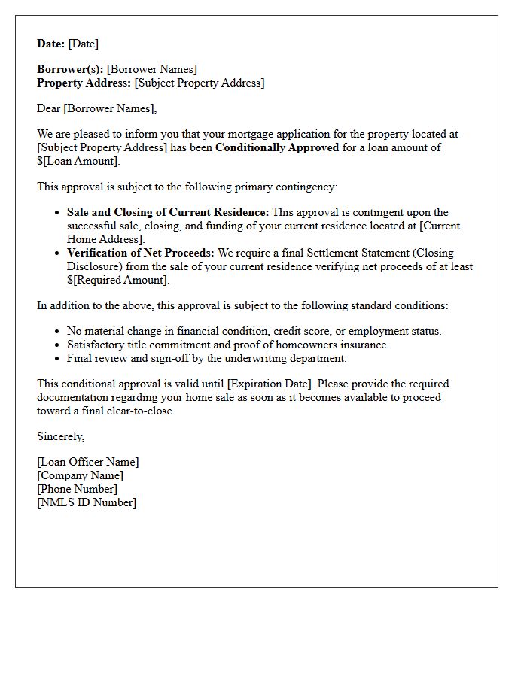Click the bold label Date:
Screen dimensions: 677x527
click(x=50, y=44)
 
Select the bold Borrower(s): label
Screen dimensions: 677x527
click(x=70, y=70)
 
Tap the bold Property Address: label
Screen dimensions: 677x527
click(x=84, y=83)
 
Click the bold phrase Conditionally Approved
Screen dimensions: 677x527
click(x=276, y=147)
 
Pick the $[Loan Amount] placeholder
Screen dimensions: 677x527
click(x=78, y=161)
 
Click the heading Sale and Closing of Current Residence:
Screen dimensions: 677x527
click(x=167, y=212)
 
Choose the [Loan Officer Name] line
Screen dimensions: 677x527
click(x=88, y=462)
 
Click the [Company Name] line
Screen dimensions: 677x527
click(x=80, y=475)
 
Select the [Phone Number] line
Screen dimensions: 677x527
click(x=77, y=489)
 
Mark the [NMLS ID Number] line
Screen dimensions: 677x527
click(x=87, y=502)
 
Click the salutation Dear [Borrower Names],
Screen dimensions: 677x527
click(x=96, y=108)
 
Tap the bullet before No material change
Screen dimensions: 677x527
click(x=58, y=332)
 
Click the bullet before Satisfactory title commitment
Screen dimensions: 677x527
click(x=58, y=345)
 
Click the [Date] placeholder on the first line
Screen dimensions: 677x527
click(x=84, y=44)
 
